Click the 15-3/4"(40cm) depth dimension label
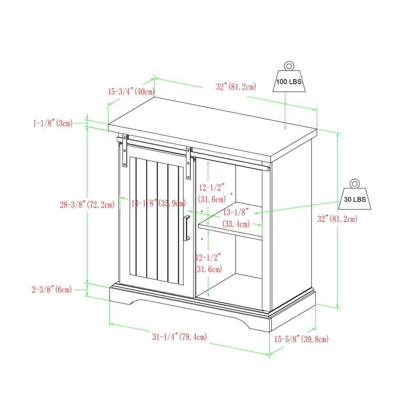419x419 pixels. [x=131, y=91]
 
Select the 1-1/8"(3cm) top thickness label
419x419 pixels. [x=52, y=124]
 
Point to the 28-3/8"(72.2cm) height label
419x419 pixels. [x=87, y=205]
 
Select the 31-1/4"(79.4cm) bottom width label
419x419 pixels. [x=180, y=337]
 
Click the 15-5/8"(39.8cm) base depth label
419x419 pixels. [x=301, y=339]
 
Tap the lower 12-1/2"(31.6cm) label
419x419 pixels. [x=209, y=263]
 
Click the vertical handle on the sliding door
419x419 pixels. [x=186, y=228]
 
